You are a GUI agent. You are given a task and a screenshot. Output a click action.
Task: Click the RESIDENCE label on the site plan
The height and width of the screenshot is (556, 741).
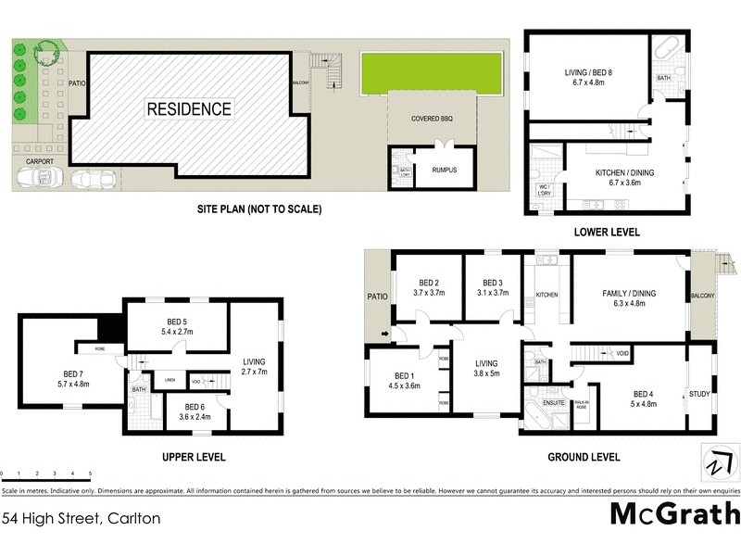tap(189, 109)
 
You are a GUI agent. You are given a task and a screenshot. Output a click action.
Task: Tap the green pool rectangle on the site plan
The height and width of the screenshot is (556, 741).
tap(431, 70)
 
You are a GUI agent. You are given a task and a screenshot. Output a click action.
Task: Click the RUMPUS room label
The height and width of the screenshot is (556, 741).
tap(444, 170)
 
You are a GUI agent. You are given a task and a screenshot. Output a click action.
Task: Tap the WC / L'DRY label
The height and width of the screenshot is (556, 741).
tap(545, 190)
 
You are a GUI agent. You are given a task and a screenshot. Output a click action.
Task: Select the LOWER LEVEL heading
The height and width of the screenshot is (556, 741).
tap(607, 233)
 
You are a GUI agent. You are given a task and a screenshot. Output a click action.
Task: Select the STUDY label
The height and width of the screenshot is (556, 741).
tap(700, 395)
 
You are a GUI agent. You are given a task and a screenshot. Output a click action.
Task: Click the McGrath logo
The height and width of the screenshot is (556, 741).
tap(674, 512)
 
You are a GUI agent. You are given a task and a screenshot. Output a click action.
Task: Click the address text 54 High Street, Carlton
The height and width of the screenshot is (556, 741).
tap(82, 519)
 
